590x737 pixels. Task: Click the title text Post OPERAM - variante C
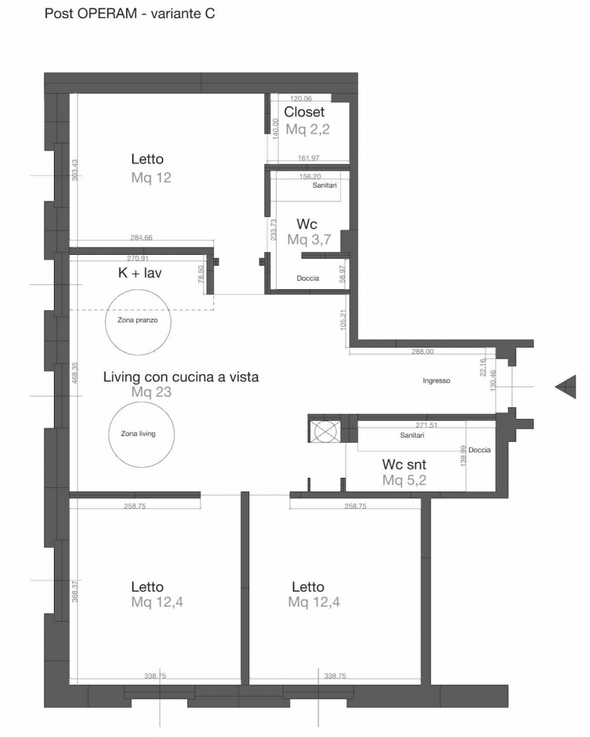click(x=130, y=13)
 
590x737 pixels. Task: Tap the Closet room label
click(x=304, y=112)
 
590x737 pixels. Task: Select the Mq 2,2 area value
click(x=308, y=129)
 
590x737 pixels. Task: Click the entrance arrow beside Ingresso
click(x=566, y=386)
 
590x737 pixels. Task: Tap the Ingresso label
click(x=436, y=381)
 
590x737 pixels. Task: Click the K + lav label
click(x=140, y=273)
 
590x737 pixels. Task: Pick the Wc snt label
click(x=404, y=464)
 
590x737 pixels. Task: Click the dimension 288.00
click(x=422, y=351)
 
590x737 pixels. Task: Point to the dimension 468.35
click(x=75, y=373)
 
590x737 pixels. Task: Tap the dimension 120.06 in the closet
click(x=301, y=99)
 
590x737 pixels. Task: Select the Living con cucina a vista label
click(x=181, y=377)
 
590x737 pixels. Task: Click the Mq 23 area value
click(x=151, y=392)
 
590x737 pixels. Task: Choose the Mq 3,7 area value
click(x=309, y=239)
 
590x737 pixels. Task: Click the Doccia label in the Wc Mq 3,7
click(x=308, y=279)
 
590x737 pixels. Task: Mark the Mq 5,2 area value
click(x=404, y=480)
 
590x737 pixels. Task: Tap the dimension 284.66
click(x=141, y=238)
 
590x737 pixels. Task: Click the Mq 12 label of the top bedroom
click(x=151, y=178)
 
